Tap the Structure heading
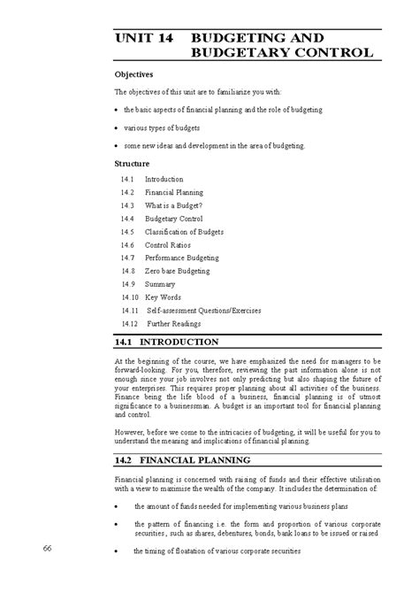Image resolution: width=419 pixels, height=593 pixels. point(133,164)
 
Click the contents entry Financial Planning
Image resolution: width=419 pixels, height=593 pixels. point(174,192)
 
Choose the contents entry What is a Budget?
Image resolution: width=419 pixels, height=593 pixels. point(174,205)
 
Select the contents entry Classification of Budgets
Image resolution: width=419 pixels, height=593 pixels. point(184,232)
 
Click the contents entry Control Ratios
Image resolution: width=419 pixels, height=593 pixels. point(169,244)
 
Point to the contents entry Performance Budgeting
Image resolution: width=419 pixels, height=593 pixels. point(184,258)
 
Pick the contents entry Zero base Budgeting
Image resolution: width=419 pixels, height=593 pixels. point(179,271)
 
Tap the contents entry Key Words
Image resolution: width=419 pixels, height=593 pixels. point(164,298)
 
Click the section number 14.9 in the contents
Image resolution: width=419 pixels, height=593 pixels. point(128,284)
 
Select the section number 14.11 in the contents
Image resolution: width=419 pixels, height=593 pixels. point(131,312)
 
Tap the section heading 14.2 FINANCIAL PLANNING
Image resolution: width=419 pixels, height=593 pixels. point(183,460)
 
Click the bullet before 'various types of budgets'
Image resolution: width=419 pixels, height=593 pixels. point(118,127)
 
